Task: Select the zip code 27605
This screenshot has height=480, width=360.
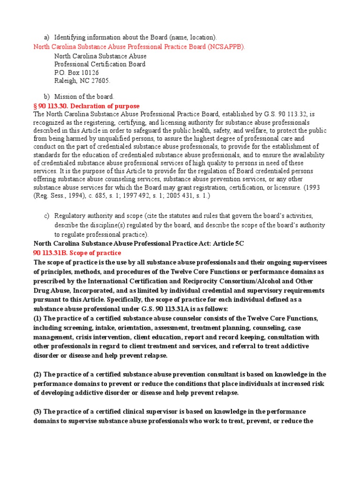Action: coord(100,81)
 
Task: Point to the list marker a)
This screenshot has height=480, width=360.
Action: coord(46,37)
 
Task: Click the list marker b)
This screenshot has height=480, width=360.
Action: coord(46,97)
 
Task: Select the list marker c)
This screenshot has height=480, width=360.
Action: coord(46,216)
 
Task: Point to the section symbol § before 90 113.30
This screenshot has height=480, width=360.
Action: coord(35,106)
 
